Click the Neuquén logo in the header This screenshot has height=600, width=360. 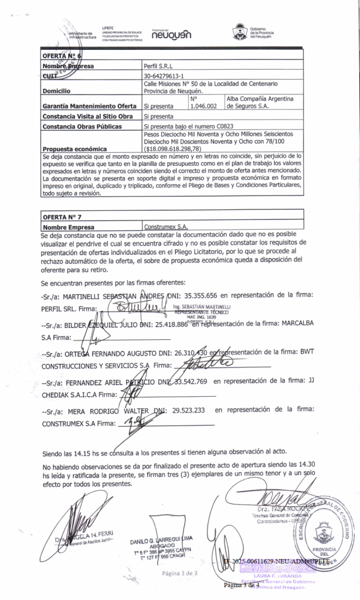click(171, 35)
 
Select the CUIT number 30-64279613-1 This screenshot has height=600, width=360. click(164, 76)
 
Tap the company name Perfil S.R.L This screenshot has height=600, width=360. click(158, 66)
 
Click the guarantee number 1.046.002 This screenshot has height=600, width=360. click(204, 106)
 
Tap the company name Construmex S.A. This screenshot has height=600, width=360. click(168, 226)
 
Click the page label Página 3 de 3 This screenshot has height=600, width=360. click(180, 572)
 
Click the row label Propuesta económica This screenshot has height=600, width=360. click(75, 149)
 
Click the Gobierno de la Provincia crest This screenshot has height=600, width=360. click(239, 31)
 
